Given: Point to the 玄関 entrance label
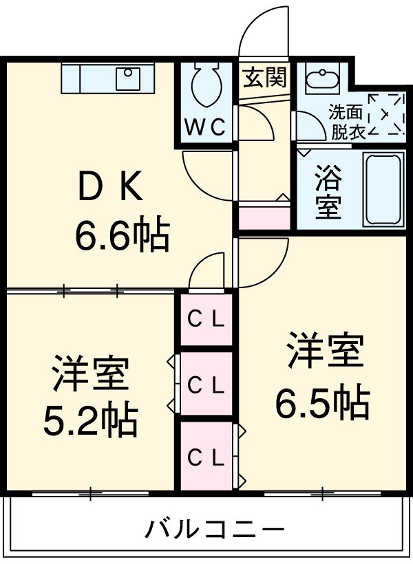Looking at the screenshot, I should pos(264,78).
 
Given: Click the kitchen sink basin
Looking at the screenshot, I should pos(128,78).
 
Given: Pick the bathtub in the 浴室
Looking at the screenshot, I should pos(383,189).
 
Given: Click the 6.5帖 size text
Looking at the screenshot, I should pos(323,403).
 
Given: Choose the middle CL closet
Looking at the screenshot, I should pos(206,384).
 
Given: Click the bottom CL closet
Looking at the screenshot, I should pos(206,456).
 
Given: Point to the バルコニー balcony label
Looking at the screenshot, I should pos(215,530).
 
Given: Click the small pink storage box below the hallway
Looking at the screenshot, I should pos(264,217).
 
